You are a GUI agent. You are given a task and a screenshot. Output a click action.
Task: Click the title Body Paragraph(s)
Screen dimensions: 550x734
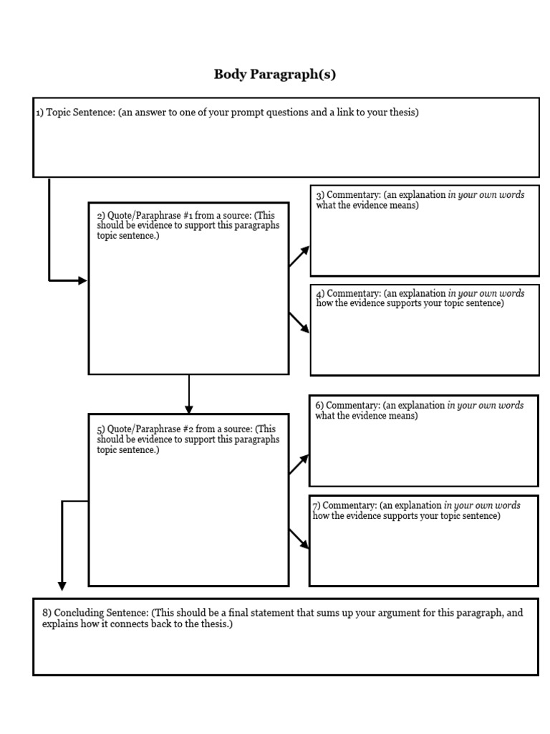click(x=275, y=75)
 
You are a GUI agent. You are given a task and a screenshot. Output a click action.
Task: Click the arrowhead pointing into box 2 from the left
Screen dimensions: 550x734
click(x=83, y=280)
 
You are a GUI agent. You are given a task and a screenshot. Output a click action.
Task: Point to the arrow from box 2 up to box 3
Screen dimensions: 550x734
click(x=299, y=256)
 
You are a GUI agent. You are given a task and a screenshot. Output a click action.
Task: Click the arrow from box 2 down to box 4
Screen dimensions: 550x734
click(x=299, y=323)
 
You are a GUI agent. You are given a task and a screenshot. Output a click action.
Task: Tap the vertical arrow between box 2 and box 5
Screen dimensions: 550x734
click(x=189, y=394)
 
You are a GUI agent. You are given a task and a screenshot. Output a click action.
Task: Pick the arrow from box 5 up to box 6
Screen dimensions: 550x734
click(x=299, y=464)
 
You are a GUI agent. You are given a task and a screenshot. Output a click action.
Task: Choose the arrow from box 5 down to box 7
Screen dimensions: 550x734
click(x=299, y=539)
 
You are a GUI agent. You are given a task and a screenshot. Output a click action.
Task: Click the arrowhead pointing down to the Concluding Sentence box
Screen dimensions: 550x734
click(x=62, y=586)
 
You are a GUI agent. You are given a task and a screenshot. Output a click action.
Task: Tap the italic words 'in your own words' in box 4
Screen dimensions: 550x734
click(x=486, y=293)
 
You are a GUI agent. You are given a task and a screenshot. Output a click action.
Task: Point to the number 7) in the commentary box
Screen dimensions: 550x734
click(x=316, y=505)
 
